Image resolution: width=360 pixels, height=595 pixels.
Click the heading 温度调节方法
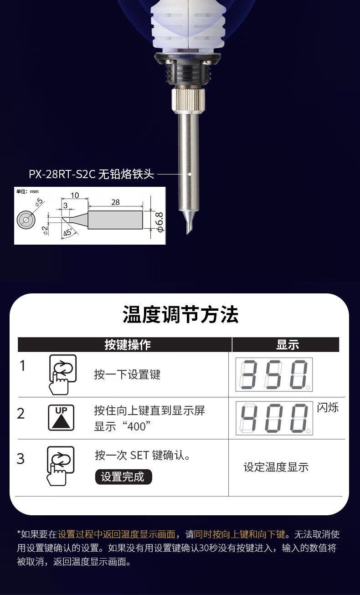pyautogui.click(x=180, y=314)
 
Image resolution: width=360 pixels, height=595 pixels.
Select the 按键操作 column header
pyautogui.click(x=128, y=344)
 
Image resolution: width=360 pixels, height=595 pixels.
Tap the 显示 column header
pyautogui.click(x=288, y=344)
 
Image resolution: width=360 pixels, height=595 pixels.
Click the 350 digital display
pyautogui.click(x=274, y=374)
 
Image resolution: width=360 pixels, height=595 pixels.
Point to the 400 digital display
pyautogui.click(x=274, y=418)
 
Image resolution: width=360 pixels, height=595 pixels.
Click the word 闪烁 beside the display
pyautogui.click(x=328, y=407)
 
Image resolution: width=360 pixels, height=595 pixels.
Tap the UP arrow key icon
pyautogui.click(x=61, y=418)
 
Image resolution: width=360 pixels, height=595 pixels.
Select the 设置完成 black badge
pyautogui.click(x=123, y=477)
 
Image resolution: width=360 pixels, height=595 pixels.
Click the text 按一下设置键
pyautogui.click(x=127, y=374)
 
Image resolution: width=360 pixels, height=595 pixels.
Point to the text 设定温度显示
pyautogui.click(x=276, y=467)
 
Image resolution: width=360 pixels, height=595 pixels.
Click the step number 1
pyautogui.click(x=23, y=365)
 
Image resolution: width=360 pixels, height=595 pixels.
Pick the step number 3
pyautogui.click(x=21, y=459)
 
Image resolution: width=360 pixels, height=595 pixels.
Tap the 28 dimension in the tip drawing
pyautogui.click(x=115, y=202)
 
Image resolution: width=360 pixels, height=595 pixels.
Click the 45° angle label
pyautogui.click(x=68, y=232)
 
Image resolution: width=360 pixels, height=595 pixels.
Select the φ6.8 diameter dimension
pyautogui.click(x=160, y=222)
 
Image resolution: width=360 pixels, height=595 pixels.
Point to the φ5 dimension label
pyautogui.click(x=39, y=202)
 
